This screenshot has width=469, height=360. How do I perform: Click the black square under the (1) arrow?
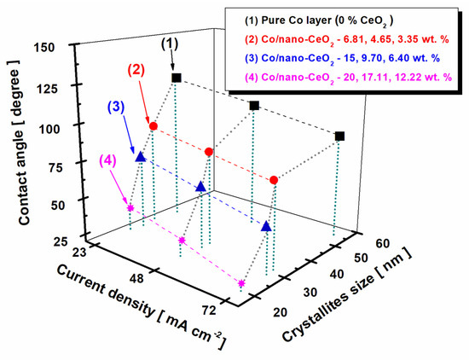[177, 78]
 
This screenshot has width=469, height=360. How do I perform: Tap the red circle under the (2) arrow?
[153, 126]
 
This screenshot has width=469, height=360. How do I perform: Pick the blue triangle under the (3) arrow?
[141, 157]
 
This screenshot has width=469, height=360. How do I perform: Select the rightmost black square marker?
[340, 136]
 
